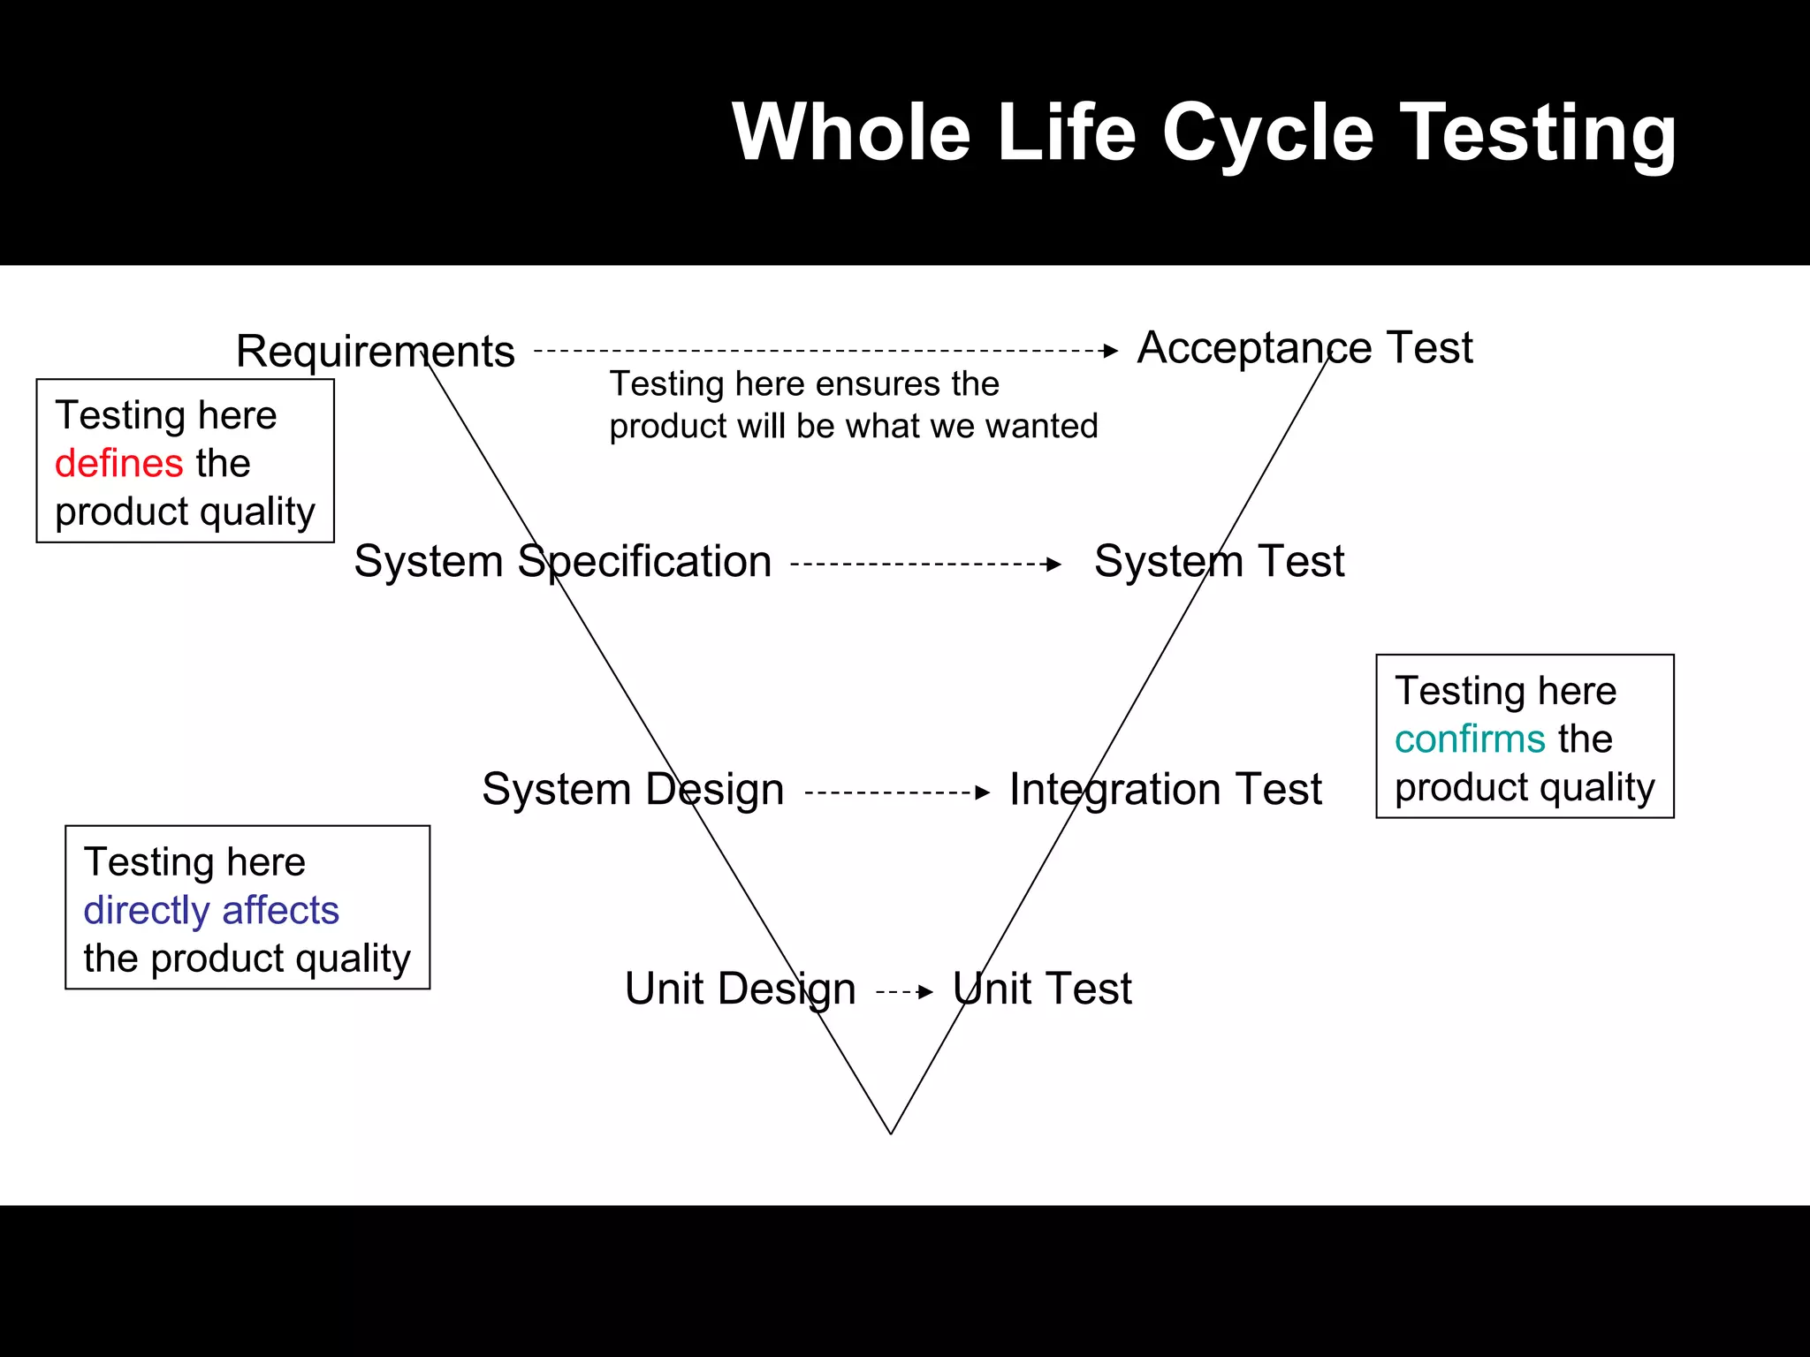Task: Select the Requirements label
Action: click(x=375, y=352)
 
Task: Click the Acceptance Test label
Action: click(x=1304, y=347)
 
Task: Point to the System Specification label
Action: click(x=562, y=562)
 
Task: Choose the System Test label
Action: click(x=1219, y=562)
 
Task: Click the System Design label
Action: click(x=633, y=789)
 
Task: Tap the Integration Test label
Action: click(x=1165, y=789)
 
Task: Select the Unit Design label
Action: click(x=740, y=989)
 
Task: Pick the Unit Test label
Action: click(x=1042, y=989)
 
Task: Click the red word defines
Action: click(x=118, y=464)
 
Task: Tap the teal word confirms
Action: click(x=1469, y=739)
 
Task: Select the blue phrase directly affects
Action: click(x=211, y=911)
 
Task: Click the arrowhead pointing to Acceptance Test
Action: click(x=1111, y=351)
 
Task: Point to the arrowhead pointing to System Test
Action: click(x=1053, y=564)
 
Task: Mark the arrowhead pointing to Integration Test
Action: click(x=983, y=792)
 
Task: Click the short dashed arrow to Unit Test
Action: click(x=903, y=992)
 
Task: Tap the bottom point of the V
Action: click(x=891, y=1133)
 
